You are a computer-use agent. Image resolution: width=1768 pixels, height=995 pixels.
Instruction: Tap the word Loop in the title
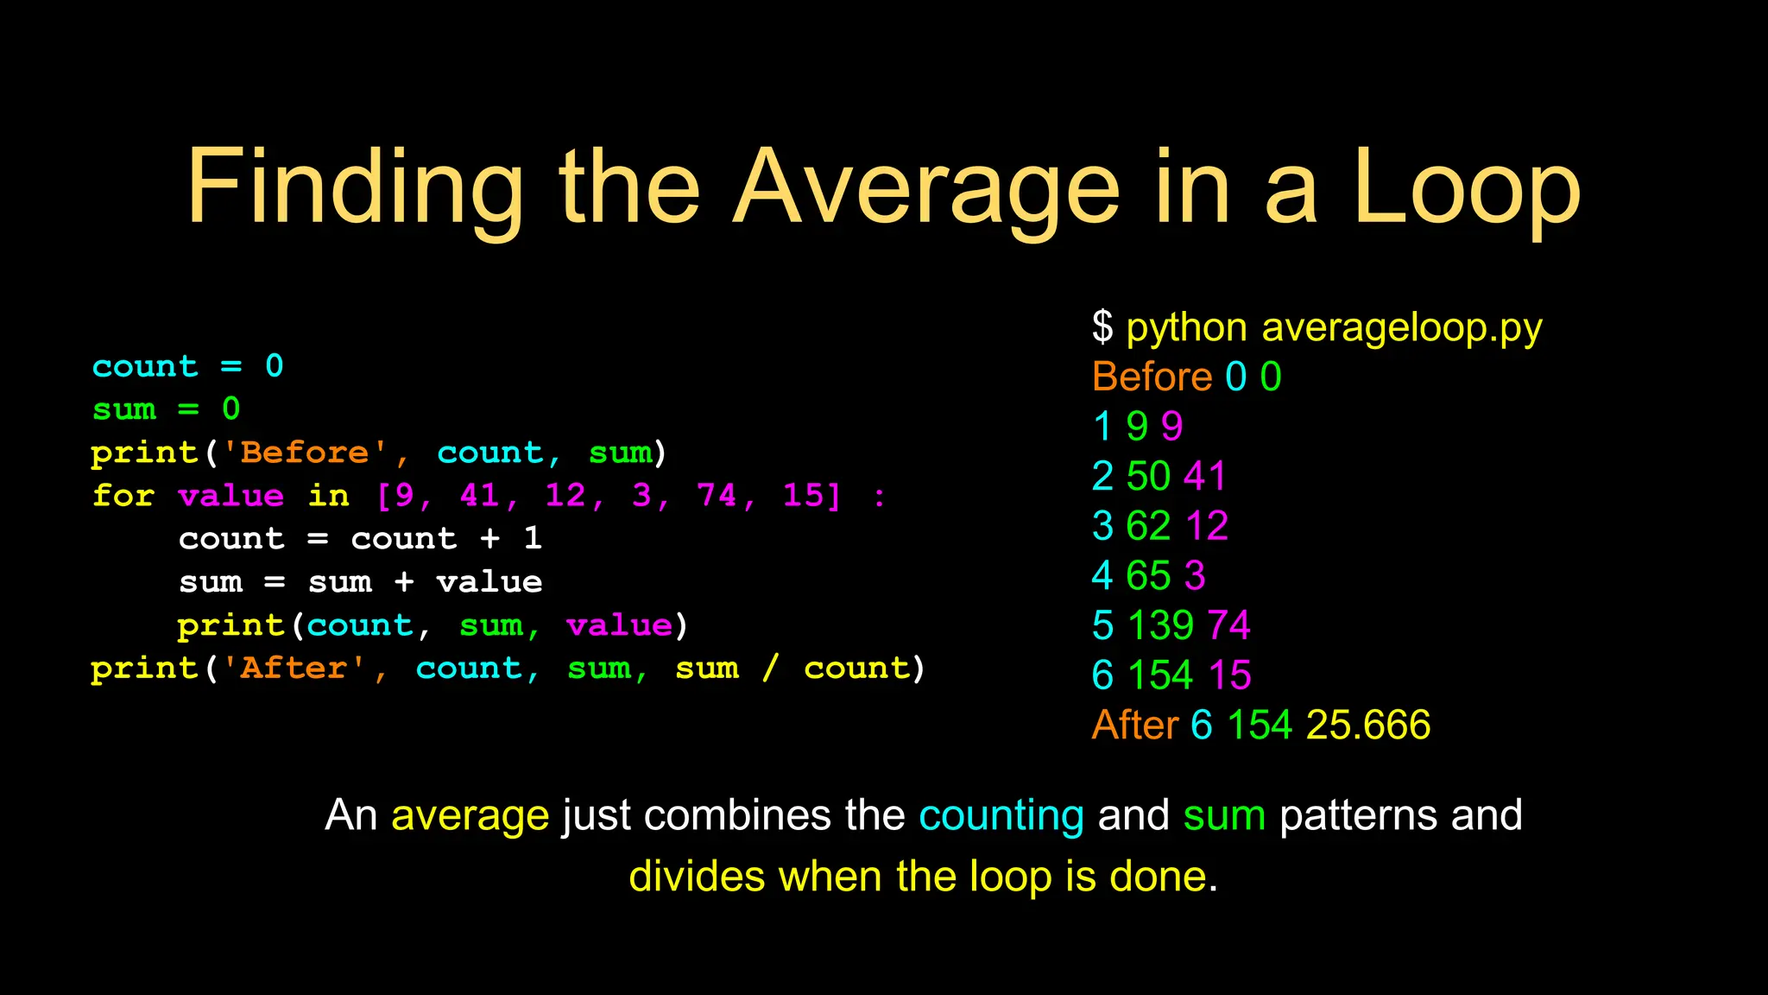1467,188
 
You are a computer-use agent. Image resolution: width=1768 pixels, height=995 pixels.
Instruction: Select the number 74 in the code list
717,495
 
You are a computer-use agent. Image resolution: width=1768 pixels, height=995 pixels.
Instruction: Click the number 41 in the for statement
480,495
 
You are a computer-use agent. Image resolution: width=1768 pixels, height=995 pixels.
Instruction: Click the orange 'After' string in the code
294,668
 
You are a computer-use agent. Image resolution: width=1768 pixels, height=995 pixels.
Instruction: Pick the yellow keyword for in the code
123,495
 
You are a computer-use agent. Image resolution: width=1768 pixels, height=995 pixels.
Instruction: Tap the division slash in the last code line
770,668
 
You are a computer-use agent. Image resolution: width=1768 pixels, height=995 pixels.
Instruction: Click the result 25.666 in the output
1367,725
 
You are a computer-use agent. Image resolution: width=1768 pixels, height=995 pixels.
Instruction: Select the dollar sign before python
1102,327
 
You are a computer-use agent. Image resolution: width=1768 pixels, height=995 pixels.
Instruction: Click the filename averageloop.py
1402,329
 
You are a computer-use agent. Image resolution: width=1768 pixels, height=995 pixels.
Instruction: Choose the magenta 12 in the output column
1206,526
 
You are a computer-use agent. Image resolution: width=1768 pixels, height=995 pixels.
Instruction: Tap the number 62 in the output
1148,526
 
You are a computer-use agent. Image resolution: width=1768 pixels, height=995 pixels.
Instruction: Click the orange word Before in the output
1152,377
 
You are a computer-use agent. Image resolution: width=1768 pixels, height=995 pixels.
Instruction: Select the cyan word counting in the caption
1001,815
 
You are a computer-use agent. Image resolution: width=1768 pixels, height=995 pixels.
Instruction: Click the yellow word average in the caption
470,815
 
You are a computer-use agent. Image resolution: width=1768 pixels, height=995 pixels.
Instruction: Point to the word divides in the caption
697,877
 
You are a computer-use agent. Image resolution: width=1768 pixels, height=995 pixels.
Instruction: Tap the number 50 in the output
1148,476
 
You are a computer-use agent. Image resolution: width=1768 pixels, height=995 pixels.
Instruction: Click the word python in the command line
1186,329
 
